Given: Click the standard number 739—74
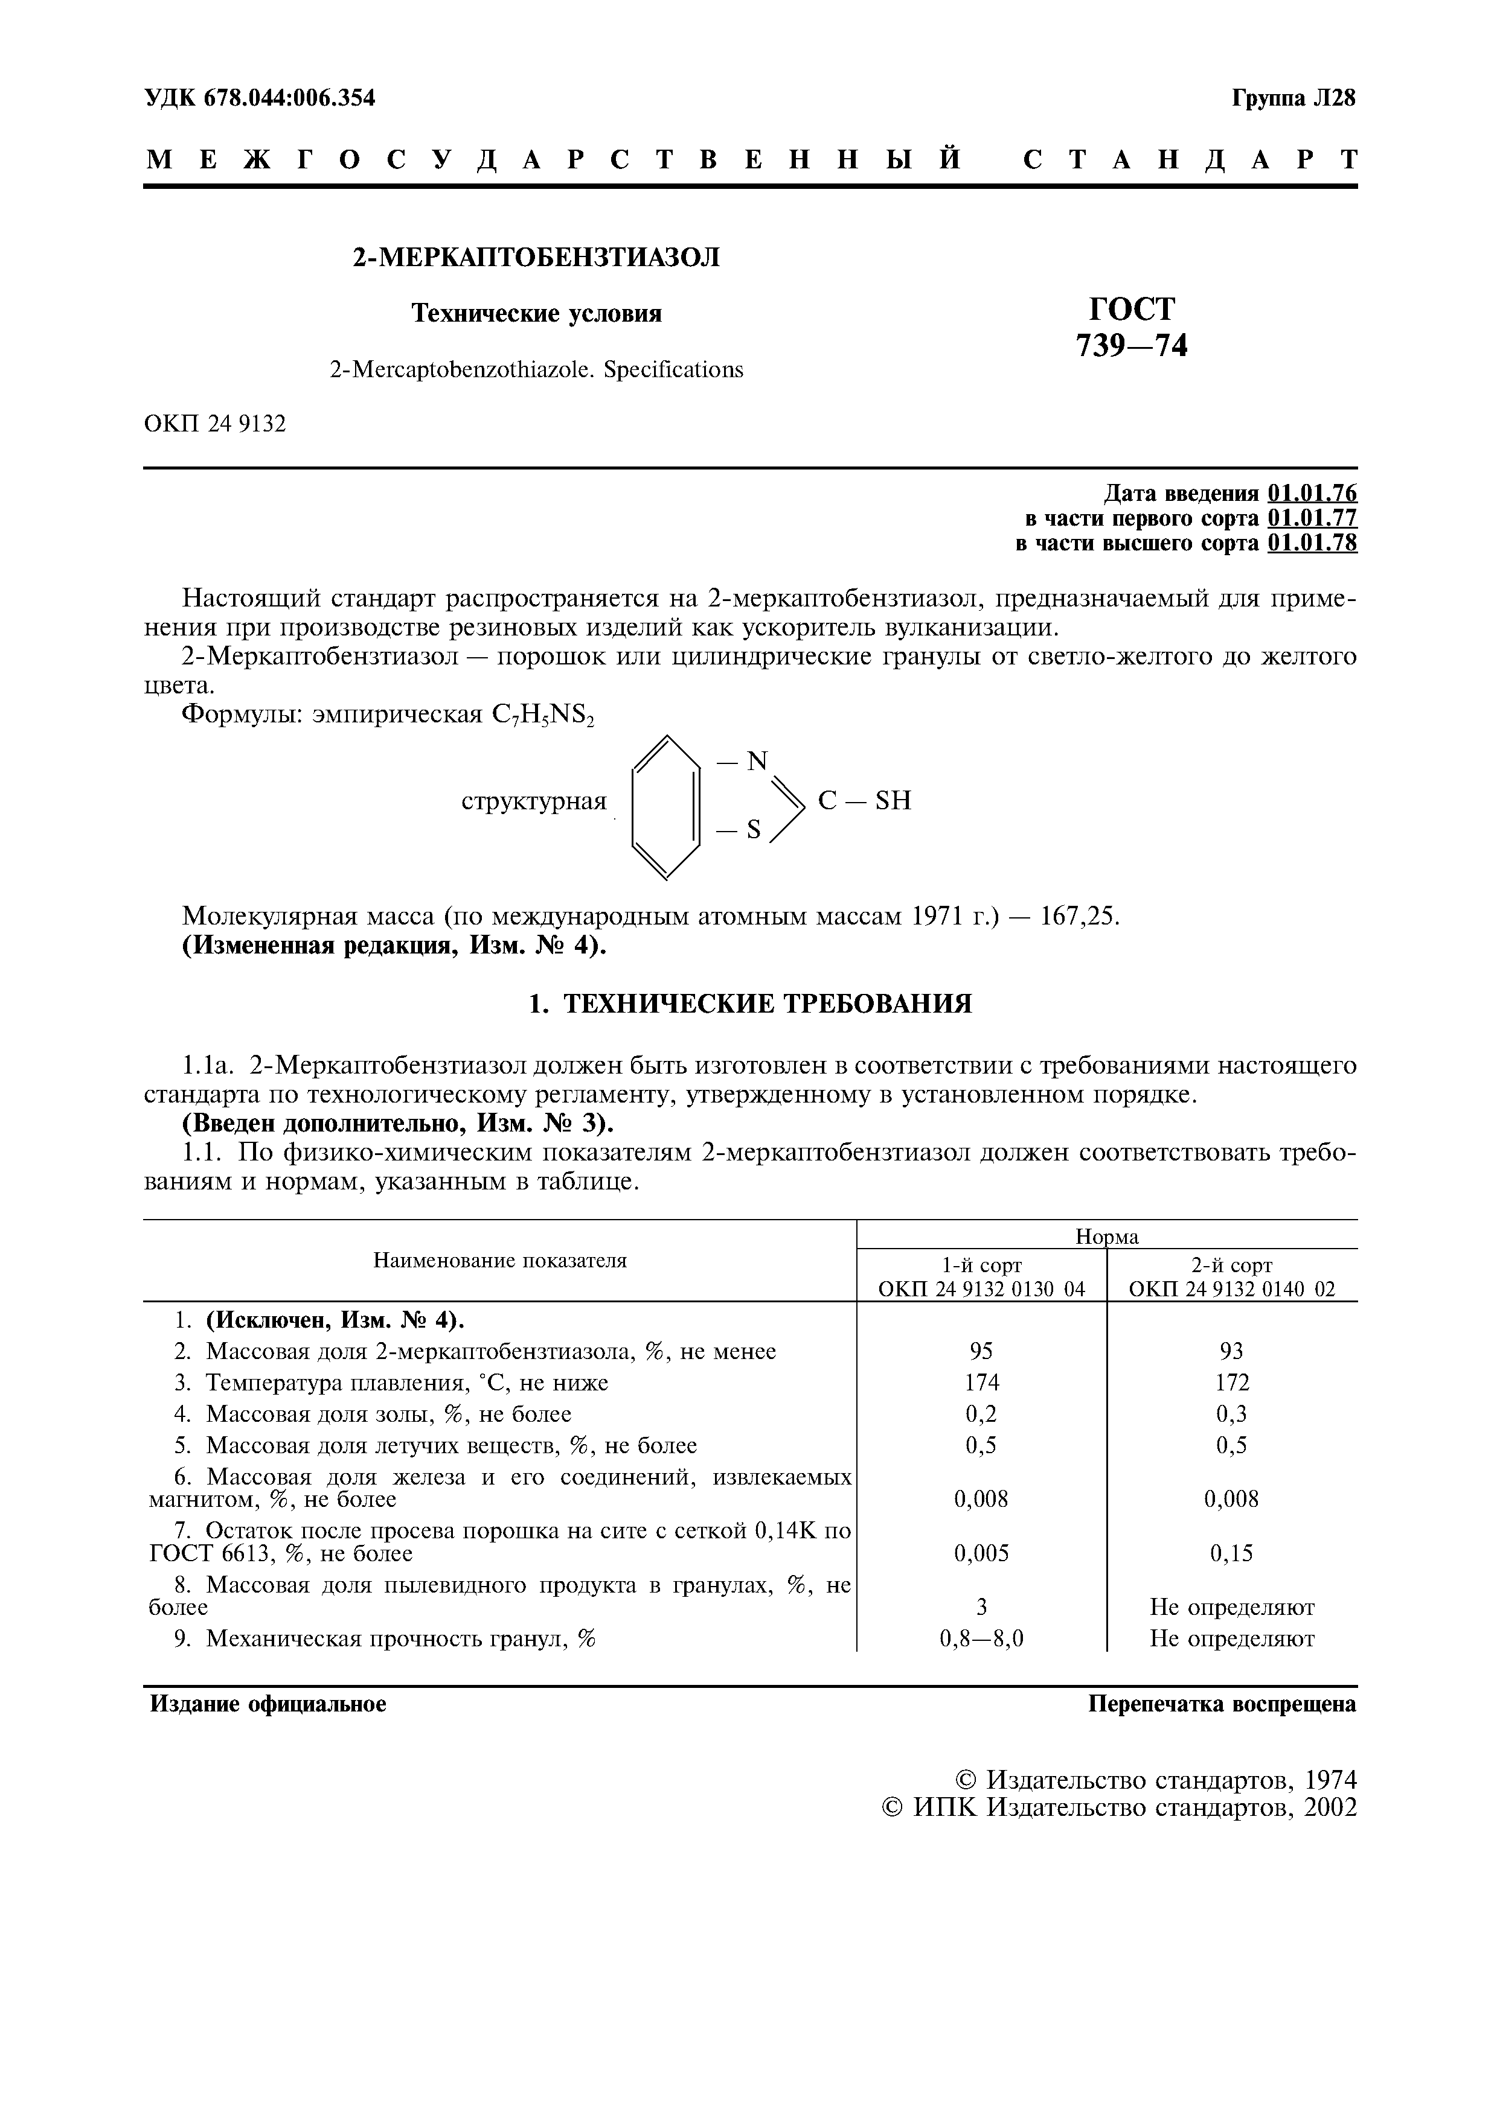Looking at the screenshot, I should coord(1132,346).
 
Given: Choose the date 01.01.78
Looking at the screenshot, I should coord(1312,543).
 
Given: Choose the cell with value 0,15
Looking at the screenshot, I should coord(1231,1553).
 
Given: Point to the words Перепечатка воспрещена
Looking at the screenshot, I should coord(1222,1704).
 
